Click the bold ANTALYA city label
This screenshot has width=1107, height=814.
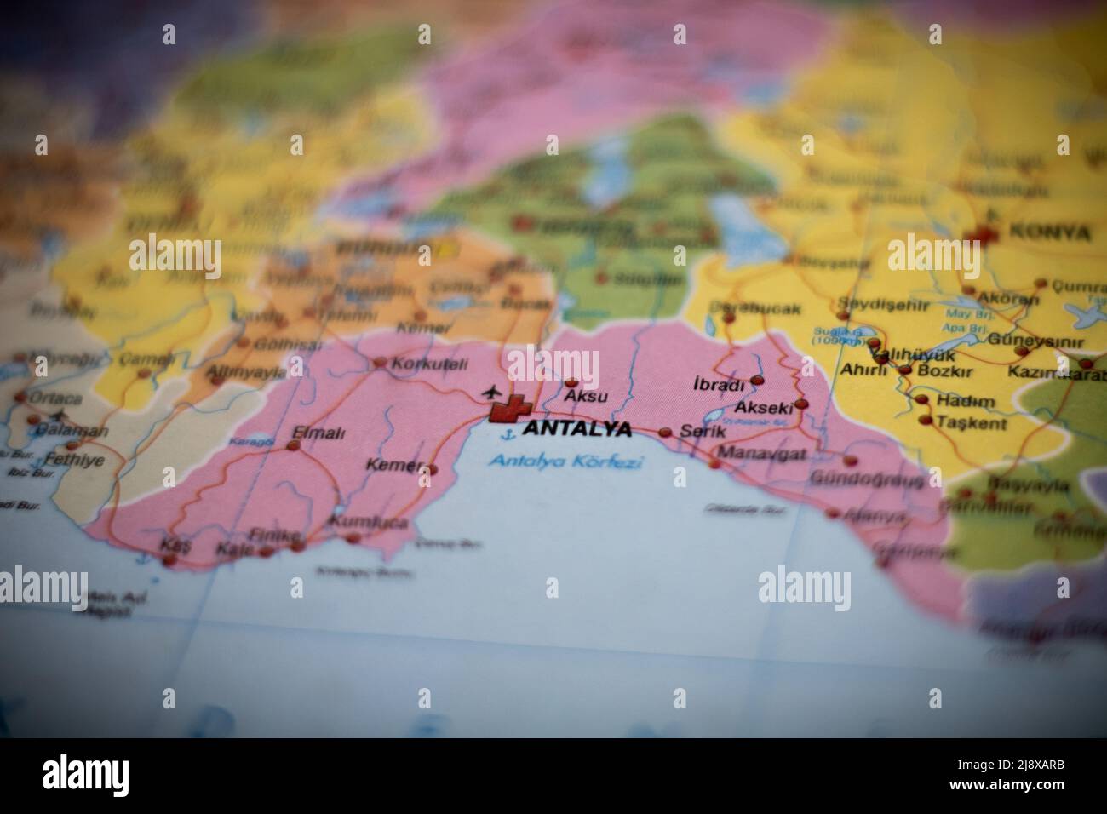(x=576, y=428)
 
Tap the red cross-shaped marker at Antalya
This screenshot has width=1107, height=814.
(x=510, y=410)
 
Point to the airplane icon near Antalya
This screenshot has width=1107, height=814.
(x=490, y=393)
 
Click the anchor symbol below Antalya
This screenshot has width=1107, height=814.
(x=508, y=435)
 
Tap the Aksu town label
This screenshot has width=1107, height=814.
(x=587, y=397)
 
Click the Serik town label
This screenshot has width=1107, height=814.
(x=703, y=431)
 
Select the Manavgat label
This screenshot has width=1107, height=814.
(x=762, y=453)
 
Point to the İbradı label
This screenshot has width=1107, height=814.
(x=720, y=385)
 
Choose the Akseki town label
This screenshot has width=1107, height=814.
(x=764, y=408)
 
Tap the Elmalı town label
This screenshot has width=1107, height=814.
(x=318, y=433)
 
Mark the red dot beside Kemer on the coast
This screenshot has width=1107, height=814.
(x=433, y=469)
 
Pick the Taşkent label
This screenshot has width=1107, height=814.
(x=971, y=422)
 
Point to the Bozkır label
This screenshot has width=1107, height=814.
(x=939, y=370)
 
